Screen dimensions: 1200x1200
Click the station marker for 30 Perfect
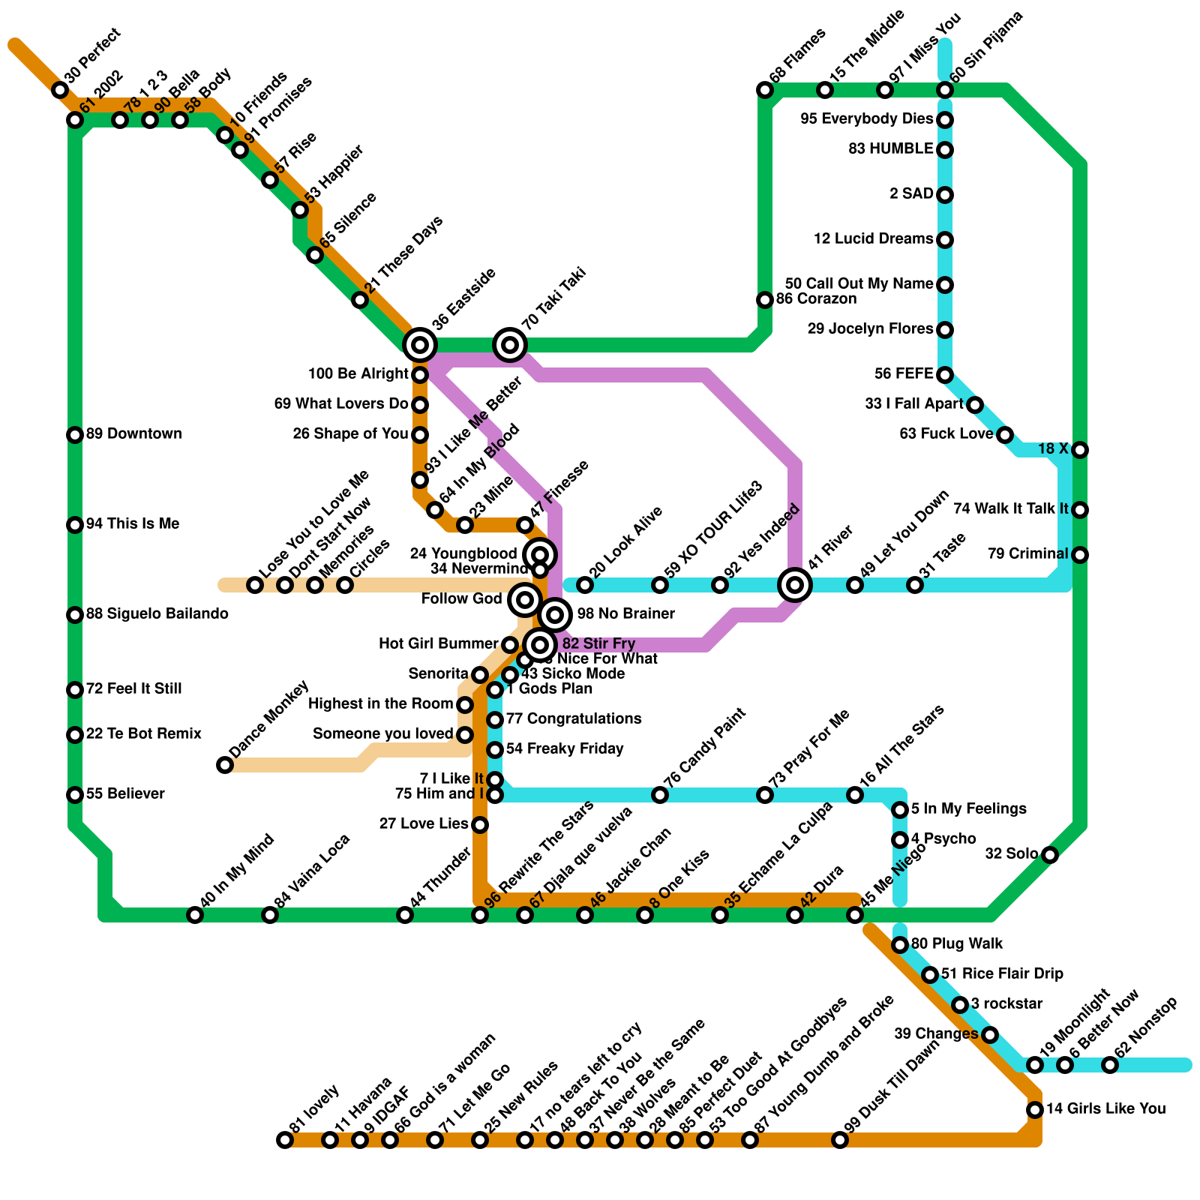[60, 90]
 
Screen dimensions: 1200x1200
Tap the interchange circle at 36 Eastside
[420, 345]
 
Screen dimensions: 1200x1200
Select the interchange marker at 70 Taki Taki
[510, 345]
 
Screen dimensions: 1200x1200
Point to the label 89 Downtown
[133, 434]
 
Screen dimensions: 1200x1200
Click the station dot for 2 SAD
[945, 195]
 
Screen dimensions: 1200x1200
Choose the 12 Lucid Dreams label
[873, 239]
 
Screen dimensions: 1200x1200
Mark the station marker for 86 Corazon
[765, 300]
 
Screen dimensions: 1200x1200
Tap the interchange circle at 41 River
[795, 584]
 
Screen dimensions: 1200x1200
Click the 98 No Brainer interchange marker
[555, 615]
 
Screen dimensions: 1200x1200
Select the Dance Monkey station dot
[225, 765]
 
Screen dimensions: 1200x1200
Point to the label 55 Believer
[125, 794]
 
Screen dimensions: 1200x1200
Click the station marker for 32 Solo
[1050, 855]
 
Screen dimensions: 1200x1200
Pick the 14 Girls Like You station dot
[1035, 1110]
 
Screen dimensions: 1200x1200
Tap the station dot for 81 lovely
[285, 1140]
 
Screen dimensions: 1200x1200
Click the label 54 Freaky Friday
[565, 749]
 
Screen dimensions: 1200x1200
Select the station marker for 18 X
[1080, 450]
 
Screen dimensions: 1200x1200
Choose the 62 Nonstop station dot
[1110, 1065]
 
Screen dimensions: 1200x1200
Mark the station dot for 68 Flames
[765, 90]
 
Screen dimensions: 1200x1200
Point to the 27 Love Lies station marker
[480, 825]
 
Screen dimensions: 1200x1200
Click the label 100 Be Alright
[358, 374]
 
